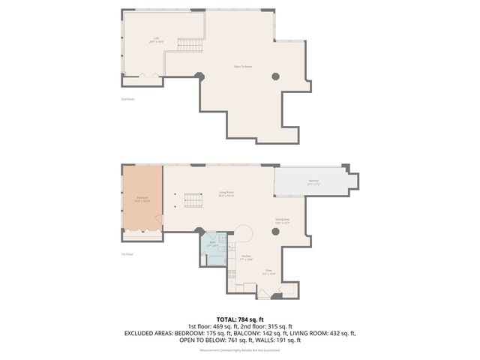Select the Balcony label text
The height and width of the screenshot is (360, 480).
[x=313, y=182]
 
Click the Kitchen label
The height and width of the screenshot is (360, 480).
[x=246, y=257]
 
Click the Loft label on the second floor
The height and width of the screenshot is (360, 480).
[x=157, y=38]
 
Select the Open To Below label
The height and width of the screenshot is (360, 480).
[x=242, y=67]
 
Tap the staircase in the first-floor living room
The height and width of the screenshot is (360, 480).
[x=193, y=201]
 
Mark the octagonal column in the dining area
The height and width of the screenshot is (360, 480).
[x=276, y=232]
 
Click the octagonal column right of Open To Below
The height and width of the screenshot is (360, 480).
[x=276, y=76]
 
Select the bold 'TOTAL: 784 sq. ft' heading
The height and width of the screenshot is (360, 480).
[x=240, y=318]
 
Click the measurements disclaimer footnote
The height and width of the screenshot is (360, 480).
[x=240, y=350]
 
